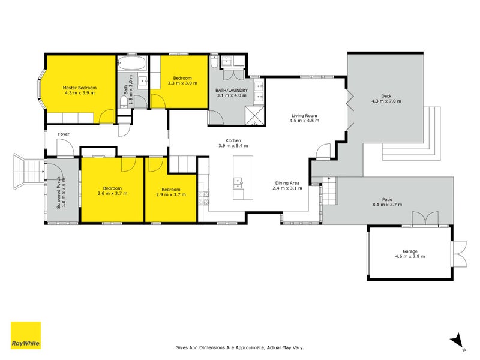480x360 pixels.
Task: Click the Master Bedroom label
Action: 80,88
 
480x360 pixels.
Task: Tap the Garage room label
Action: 410,251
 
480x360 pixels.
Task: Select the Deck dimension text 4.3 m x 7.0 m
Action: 386,101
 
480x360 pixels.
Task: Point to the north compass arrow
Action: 458,340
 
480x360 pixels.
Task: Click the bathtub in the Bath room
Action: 131,62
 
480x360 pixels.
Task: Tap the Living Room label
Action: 304,115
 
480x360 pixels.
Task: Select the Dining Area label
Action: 287,182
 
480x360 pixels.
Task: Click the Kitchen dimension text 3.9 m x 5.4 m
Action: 232,146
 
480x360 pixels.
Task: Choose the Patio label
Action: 387,199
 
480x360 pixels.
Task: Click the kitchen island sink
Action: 238,180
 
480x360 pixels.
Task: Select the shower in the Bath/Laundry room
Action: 254,116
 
